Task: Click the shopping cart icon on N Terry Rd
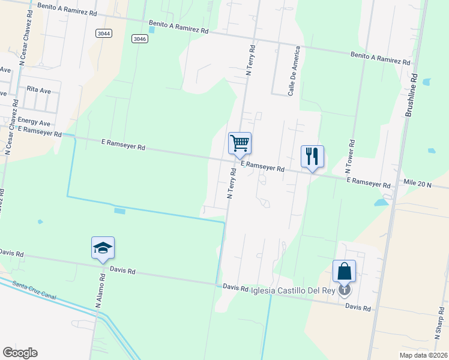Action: point(240,143)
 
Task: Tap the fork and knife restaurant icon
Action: point(312,157)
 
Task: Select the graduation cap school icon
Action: point(103,248)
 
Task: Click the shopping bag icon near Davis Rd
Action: point(345,271)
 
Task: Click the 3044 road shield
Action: point(103,34)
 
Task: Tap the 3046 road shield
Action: point(139,39)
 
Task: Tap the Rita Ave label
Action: point(39,89)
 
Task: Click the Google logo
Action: point(20,353)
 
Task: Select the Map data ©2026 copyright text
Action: point(423,354)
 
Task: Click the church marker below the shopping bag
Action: point(345,291)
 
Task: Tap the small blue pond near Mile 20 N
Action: point(381,203)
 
